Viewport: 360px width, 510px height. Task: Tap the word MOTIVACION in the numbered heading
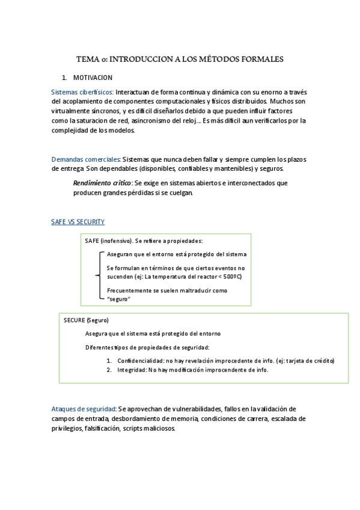click(93, 78)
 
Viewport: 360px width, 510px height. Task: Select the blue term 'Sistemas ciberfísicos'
click(82, 93)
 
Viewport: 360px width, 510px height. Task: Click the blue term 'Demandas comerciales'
click(86, 159)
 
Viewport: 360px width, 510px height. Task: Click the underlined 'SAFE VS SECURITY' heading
click(78, 222)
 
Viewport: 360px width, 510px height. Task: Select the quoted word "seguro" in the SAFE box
click(118, 299)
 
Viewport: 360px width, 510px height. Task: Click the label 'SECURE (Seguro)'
click(86, 320)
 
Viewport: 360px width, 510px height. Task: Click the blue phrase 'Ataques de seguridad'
click(83, 408)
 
